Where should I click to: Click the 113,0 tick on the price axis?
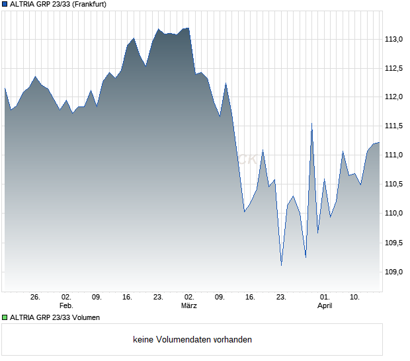[395, 40]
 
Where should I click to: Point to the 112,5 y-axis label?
[395, 69]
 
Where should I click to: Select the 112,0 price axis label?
[395, 97]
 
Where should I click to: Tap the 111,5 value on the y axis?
[395, 126]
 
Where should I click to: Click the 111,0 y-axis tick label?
[395, 155]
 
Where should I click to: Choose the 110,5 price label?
[395, 184]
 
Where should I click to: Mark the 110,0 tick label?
[395, 213]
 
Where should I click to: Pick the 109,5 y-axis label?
[395, 243]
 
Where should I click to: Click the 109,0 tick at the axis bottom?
[395, 271]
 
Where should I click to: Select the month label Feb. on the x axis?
[65, 306]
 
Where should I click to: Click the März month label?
[189, 306]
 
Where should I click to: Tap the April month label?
[325, 306]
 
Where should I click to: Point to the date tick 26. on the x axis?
[35, 298]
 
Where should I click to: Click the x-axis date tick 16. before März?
[128, 298]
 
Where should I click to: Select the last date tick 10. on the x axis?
[355, 298]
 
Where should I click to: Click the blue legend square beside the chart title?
[5, 4]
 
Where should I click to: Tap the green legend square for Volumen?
[5, 317]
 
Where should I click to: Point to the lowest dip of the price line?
[281, 265]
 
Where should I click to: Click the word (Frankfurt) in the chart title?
[88, 4]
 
